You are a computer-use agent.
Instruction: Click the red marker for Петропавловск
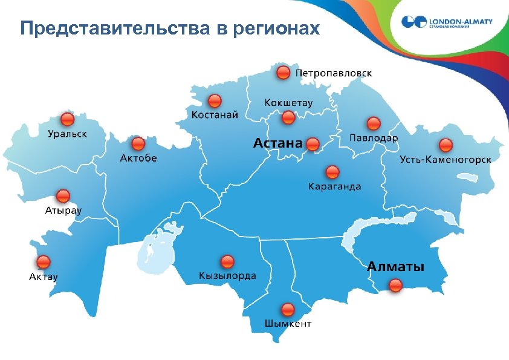pos(283,73)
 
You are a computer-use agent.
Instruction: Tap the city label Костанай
pos(215,114)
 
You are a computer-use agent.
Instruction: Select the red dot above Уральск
pos(67,119)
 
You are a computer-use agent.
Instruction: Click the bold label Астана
pos(277,143)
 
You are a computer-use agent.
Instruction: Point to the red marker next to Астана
pos(313,144)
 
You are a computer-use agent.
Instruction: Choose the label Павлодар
pos(374,138)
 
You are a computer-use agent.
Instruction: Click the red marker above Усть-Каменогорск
pos(446,145)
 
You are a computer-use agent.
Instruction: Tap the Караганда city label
pos(334,186)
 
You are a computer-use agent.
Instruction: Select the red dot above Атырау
pos(63,196)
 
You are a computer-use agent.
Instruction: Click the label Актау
pos(44,277)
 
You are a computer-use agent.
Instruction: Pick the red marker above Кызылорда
pos(227,262)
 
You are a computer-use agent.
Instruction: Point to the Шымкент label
pos(288,324)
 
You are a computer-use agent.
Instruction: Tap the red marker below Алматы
pos(395,286)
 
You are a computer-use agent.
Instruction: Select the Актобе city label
pos(138,158)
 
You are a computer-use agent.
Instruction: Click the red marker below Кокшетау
pos(288,117)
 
